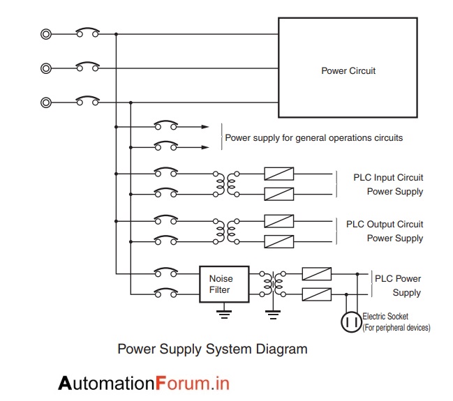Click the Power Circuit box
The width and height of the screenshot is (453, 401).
point(348,68)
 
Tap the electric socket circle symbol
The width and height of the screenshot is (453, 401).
point(350,321)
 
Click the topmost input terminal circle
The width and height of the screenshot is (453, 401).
point(46,33)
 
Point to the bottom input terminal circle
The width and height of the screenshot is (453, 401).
point(46,102)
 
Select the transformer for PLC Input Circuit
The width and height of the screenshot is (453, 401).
point(228,183)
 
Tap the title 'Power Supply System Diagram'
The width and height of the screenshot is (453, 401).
point(212,349)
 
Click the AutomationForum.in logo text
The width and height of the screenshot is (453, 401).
point(144,383)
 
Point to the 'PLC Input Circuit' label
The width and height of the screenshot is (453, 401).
point(388,178)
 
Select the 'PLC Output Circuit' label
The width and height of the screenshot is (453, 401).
point(385,225)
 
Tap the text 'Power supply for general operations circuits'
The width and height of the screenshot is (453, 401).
point(313,138)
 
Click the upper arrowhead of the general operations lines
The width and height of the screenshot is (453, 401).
point(205,127)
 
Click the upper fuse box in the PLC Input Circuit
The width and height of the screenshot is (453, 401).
point(279,174)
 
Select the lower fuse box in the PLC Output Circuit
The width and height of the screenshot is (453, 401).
point(279,241)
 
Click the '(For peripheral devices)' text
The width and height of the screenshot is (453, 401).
point(396,327)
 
